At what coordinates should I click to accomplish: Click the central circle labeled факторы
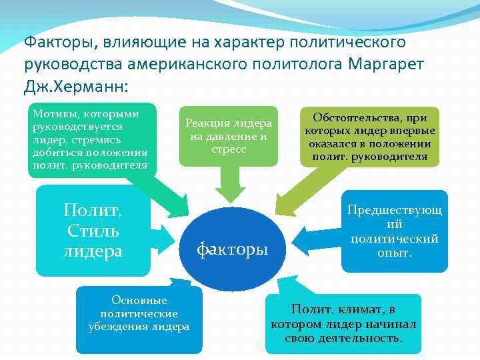[x=232, y=249]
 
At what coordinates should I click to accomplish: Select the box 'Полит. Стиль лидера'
[x=93, y=231]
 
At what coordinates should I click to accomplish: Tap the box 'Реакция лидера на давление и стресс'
[x=228, y=136]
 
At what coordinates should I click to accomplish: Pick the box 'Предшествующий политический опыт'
[x=395, y=231]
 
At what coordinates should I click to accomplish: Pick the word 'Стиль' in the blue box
[x=93, y=231]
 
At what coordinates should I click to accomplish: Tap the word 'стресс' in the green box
[x=228, y=149]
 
